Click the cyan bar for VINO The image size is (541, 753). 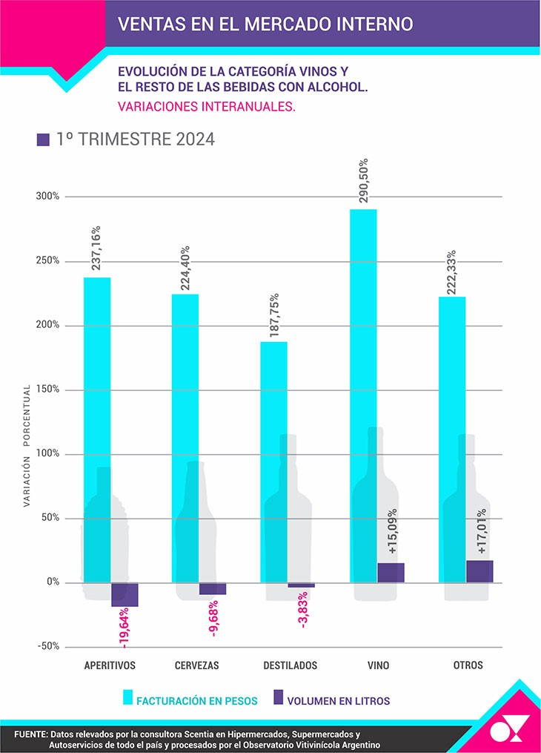363,393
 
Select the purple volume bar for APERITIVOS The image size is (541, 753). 125,595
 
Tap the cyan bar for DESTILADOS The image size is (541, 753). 273,460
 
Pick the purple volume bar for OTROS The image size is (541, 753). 479,571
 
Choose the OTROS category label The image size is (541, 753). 468,665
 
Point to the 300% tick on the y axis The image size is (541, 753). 48,197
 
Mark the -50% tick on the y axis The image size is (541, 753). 48,646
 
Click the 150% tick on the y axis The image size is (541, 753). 48,389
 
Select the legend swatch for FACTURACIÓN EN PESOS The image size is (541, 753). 128,698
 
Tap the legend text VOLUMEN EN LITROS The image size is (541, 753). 338,700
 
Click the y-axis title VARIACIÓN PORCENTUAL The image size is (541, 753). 27,445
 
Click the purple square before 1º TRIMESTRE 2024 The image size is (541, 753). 43,139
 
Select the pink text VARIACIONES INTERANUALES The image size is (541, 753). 206,106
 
